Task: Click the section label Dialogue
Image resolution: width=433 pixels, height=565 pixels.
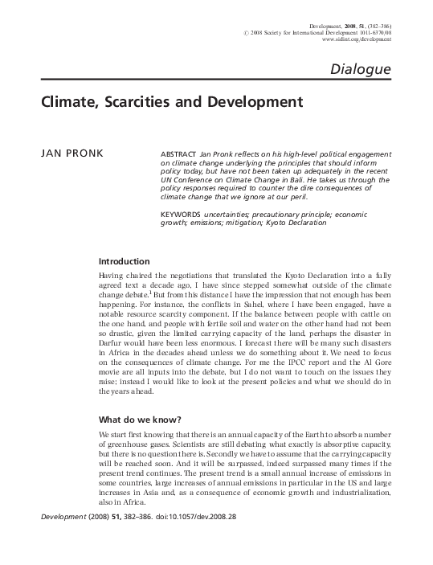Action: [x=360, y=70]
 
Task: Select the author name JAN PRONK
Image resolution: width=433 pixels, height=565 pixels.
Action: [x=69, y=154]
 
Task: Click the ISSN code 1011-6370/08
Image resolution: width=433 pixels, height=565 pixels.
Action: [x=372, y=30]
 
